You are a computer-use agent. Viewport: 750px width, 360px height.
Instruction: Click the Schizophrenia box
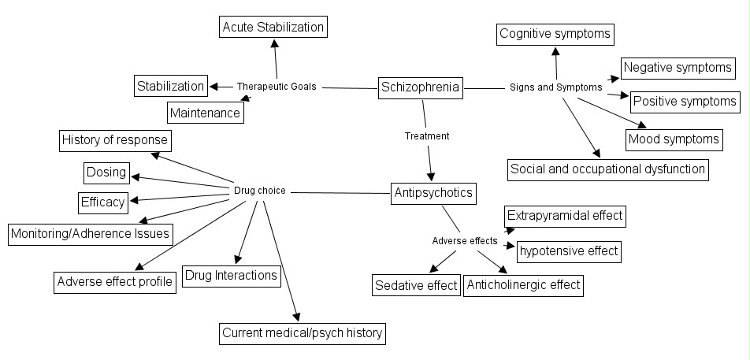(420, 87)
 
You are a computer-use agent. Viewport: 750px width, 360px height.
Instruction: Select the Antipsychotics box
(433, 192)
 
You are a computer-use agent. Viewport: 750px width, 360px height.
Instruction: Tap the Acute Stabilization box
(273, 27)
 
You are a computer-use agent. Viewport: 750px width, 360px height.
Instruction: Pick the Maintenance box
(205, 113)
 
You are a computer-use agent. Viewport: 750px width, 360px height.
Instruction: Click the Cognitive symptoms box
(555, 34)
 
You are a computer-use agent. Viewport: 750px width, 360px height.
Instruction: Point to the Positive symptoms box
(685, 101)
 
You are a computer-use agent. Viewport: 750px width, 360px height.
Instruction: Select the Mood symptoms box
(674, 139)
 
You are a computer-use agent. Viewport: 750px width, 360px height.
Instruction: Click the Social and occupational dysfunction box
(607, 169)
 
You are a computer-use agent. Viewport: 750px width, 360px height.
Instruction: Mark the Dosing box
(106, 171)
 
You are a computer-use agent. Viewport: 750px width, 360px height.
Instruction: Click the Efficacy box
(103, 202)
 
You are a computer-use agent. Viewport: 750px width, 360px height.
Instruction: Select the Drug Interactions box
(231, 275)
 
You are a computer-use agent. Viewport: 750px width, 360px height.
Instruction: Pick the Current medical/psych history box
(303, 333)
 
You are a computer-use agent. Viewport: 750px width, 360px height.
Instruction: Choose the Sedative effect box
(416, 285)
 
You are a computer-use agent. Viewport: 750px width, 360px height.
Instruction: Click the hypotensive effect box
(568, 252)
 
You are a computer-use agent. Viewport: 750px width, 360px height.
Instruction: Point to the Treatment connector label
(427, 136)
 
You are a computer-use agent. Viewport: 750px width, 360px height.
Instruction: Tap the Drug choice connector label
(260, 191)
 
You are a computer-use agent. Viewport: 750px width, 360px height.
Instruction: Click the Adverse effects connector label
(465, 240)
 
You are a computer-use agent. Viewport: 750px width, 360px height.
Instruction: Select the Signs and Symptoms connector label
(555, 87)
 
